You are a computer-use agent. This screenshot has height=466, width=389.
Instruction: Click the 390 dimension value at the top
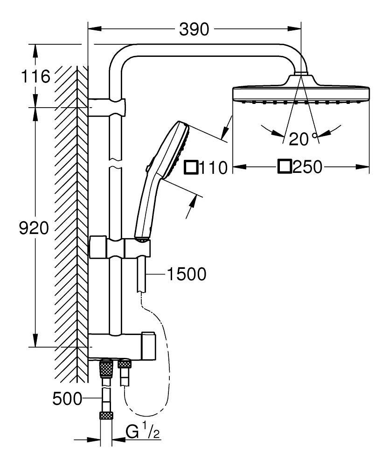coord(194,30)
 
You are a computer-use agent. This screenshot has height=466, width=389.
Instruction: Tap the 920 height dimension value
coord(33,228)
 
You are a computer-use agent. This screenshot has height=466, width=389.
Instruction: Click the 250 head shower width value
coord(307,167)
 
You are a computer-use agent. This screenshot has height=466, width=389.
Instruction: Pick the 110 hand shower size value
coord(213,167)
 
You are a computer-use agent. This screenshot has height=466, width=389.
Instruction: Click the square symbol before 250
coord(285,166)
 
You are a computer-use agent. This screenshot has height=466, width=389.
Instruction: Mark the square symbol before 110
coord(191,167)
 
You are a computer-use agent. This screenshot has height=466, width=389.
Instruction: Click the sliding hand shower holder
coord(120,247)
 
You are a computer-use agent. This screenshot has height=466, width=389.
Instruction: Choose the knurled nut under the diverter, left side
coord(106,370)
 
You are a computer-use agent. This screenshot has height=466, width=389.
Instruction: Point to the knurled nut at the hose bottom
coord(106,416)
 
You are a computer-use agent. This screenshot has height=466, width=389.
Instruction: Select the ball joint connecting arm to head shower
coord(301,73)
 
